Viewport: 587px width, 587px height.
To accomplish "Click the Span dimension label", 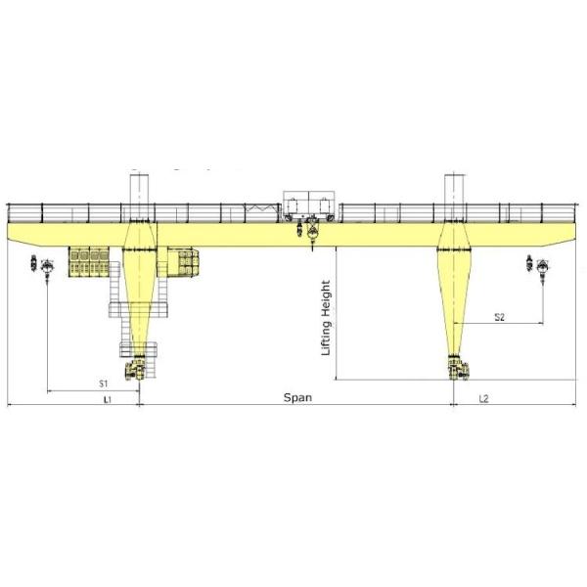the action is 297,397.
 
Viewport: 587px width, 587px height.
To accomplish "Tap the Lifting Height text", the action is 326,318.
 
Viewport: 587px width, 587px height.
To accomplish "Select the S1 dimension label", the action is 104,384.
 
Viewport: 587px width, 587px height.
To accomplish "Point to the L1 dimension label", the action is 108,399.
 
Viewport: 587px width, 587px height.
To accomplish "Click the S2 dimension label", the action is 499,317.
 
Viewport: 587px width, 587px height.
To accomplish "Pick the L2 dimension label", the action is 484,399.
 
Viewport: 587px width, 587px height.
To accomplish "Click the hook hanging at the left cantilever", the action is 47,268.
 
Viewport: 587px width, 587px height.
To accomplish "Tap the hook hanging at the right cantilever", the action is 543,268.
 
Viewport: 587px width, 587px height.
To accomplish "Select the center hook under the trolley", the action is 312,234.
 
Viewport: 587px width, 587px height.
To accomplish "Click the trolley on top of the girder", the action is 309,205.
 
